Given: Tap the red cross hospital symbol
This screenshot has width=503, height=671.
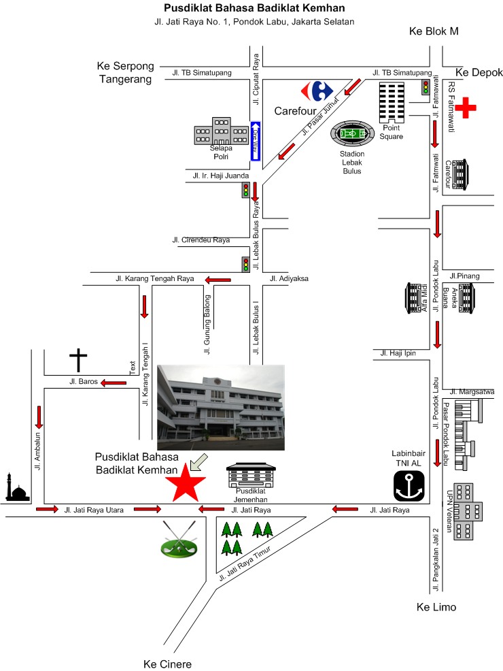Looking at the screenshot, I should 466,108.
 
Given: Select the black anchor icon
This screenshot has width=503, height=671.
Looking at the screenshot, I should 409,485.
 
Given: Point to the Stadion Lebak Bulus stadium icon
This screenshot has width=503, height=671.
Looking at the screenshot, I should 352,133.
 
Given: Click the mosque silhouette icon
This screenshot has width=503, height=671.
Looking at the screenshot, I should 18,488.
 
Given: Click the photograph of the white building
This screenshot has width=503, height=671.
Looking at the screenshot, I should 220,407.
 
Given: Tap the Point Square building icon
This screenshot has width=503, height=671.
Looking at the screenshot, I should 393,102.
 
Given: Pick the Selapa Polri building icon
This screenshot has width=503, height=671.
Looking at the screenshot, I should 222,131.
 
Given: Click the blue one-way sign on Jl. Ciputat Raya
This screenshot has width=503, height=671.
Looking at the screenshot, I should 256,141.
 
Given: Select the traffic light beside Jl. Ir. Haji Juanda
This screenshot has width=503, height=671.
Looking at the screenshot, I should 245,190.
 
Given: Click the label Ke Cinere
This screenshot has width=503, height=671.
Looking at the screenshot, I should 167,664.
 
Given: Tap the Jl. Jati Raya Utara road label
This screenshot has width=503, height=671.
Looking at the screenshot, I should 94,509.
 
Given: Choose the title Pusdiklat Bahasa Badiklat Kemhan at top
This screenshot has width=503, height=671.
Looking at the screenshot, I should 254,8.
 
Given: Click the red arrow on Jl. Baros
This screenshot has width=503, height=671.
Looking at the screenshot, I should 114,382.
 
